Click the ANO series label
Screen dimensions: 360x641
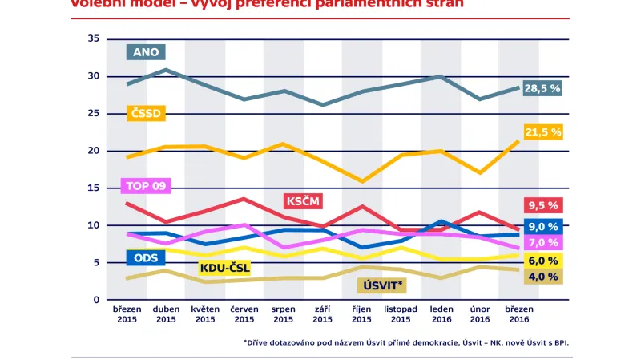click(147, 52)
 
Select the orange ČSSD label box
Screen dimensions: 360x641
click(147, 114)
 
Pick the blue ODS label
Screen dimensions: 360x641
click(146, 257)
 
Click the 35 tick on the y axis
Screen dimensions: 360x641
click(93, 39)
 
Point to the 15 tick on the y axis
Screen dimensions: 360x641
click(93, 188)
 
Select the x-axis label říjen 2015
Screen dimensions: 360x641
click(361, 313)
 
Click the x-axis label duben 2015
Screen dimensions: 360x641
click(166, 313)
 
